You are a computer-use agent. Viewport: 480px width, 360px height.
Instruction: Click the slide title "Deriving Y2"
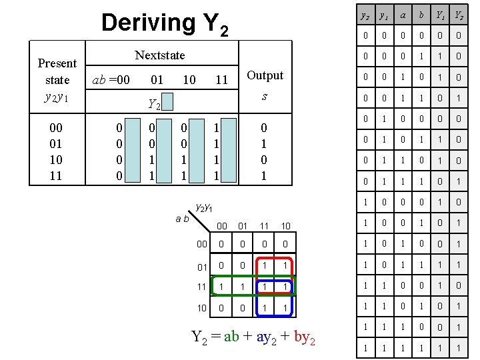pyautogui.click(x=164, y=24)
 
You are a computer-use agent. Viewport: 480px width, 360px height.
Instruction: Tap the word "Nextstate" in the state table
pyautogui.click(x=160, y=55)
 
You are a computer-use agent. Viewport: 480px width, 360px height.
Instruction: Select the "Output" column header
pyautogui.click(x=265, y=75)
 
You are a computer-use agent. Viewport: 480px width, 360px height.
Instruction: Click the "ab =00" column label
pyautogui.click(x=111, y=80)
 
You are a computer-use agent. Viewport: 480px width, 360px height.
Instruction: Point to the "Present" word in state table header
pyautogui.click(x=57, y=63)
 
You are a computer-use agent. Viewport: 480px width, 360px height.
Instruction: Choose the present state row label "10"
pyautogui.click(x=57, y=161)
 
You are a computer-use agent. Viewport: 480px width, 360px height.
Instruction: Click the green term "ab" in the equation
pyautogui.click(x=231, y=337)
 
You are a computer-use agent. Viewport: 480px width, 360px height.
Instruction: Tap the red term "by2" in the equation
pyautogui.click(x=302, y=337)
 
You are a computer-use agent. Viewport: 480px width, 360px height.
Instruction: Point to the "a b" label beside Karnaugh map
pyautogui.click(x=182, y=218)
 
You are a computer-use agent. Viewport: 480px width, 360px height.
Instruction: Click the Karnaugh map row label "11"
pyautogui.click(x=201, y=286)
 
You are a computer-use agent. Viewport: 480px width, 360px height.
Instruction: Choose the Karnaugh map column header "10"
pyautogui.click(x=285, y=226)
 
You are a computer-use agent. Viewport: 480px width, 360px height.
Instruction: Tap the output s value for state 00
pyautogui.click(x=264, y=127)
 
